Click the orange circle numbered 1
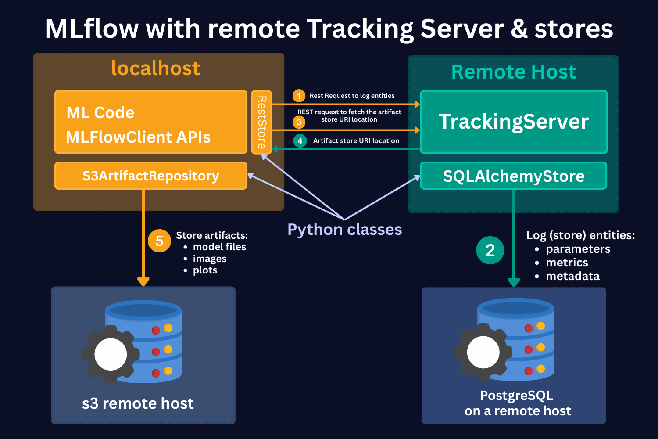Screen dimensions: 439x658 299,96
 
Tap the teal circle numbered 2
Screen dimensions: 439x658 490,250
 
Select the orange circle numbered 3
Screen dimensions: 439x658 299,122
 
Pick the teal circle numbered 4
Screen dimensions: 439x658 300,141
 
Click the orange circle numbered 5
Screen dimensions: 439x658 159,241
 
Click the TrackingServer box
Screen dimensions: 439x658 514,122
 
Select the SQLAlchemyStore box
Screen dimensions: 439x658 514,176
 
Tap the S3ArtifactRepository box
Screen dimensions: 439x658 151,176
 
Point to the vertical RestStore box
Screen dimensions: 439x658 261,122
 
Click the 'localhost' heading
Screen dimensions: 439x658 156,68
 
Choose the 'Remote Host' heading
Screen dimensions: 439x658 514,72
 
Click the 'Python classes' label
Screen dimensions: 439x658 344,230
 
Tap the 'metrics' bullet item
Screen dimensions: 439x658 567,263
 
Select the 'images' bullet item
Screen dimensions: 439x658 210,259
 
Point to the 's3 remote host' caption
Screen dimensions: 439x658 138,403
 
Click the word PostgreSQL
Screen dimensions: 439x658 516,396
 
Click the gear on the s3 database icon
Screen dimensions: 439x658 111,354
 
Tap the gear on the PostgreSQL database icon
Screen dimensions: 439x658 483,352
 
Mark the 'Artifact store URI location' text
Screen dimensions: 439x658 356,141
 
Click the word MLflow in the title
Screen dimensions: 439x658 92,29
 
